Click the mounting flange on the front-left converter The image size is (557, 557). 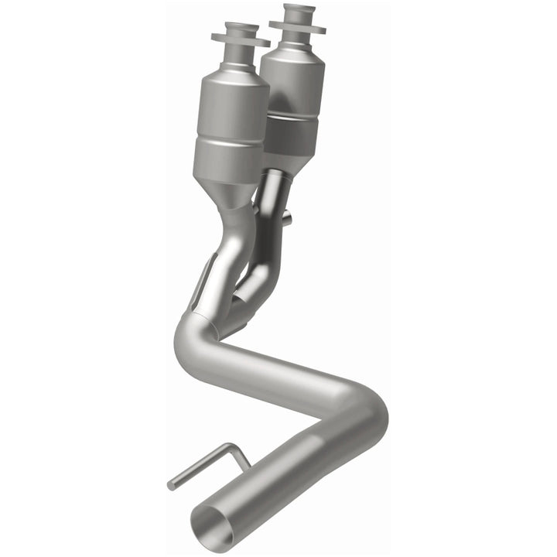coord(240,39)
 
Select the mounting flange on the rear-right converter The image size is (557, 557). coord(297,26)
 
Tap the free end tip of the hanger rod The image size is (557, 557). coord(171,485)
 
